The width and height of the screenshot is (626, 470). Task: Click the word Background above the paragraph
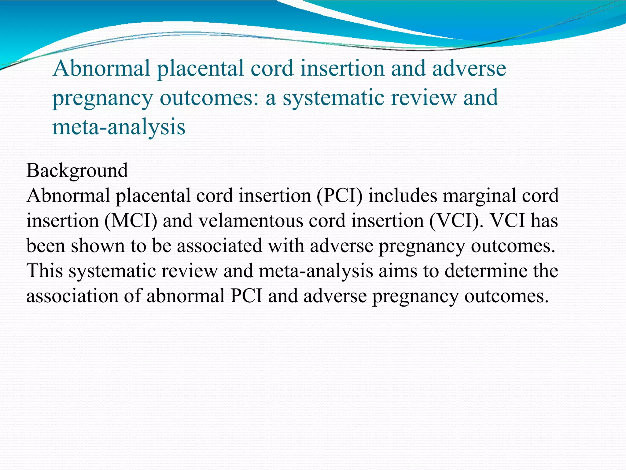click(x=77, y=171)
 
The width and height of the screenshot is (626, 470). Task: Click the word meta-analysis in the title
click(x=119, y=127)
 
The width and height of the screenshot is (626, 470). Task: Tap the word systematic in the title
click(x=333, y=98)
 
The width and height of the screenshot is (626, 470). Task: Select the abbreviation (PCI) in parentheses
click(x=339, y=196)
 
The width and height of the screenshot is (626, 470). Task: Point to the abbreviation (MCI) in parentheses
click(x=131, y=221)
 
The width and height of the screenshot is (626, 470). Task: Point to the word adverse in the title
click(x=469, y=69)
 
